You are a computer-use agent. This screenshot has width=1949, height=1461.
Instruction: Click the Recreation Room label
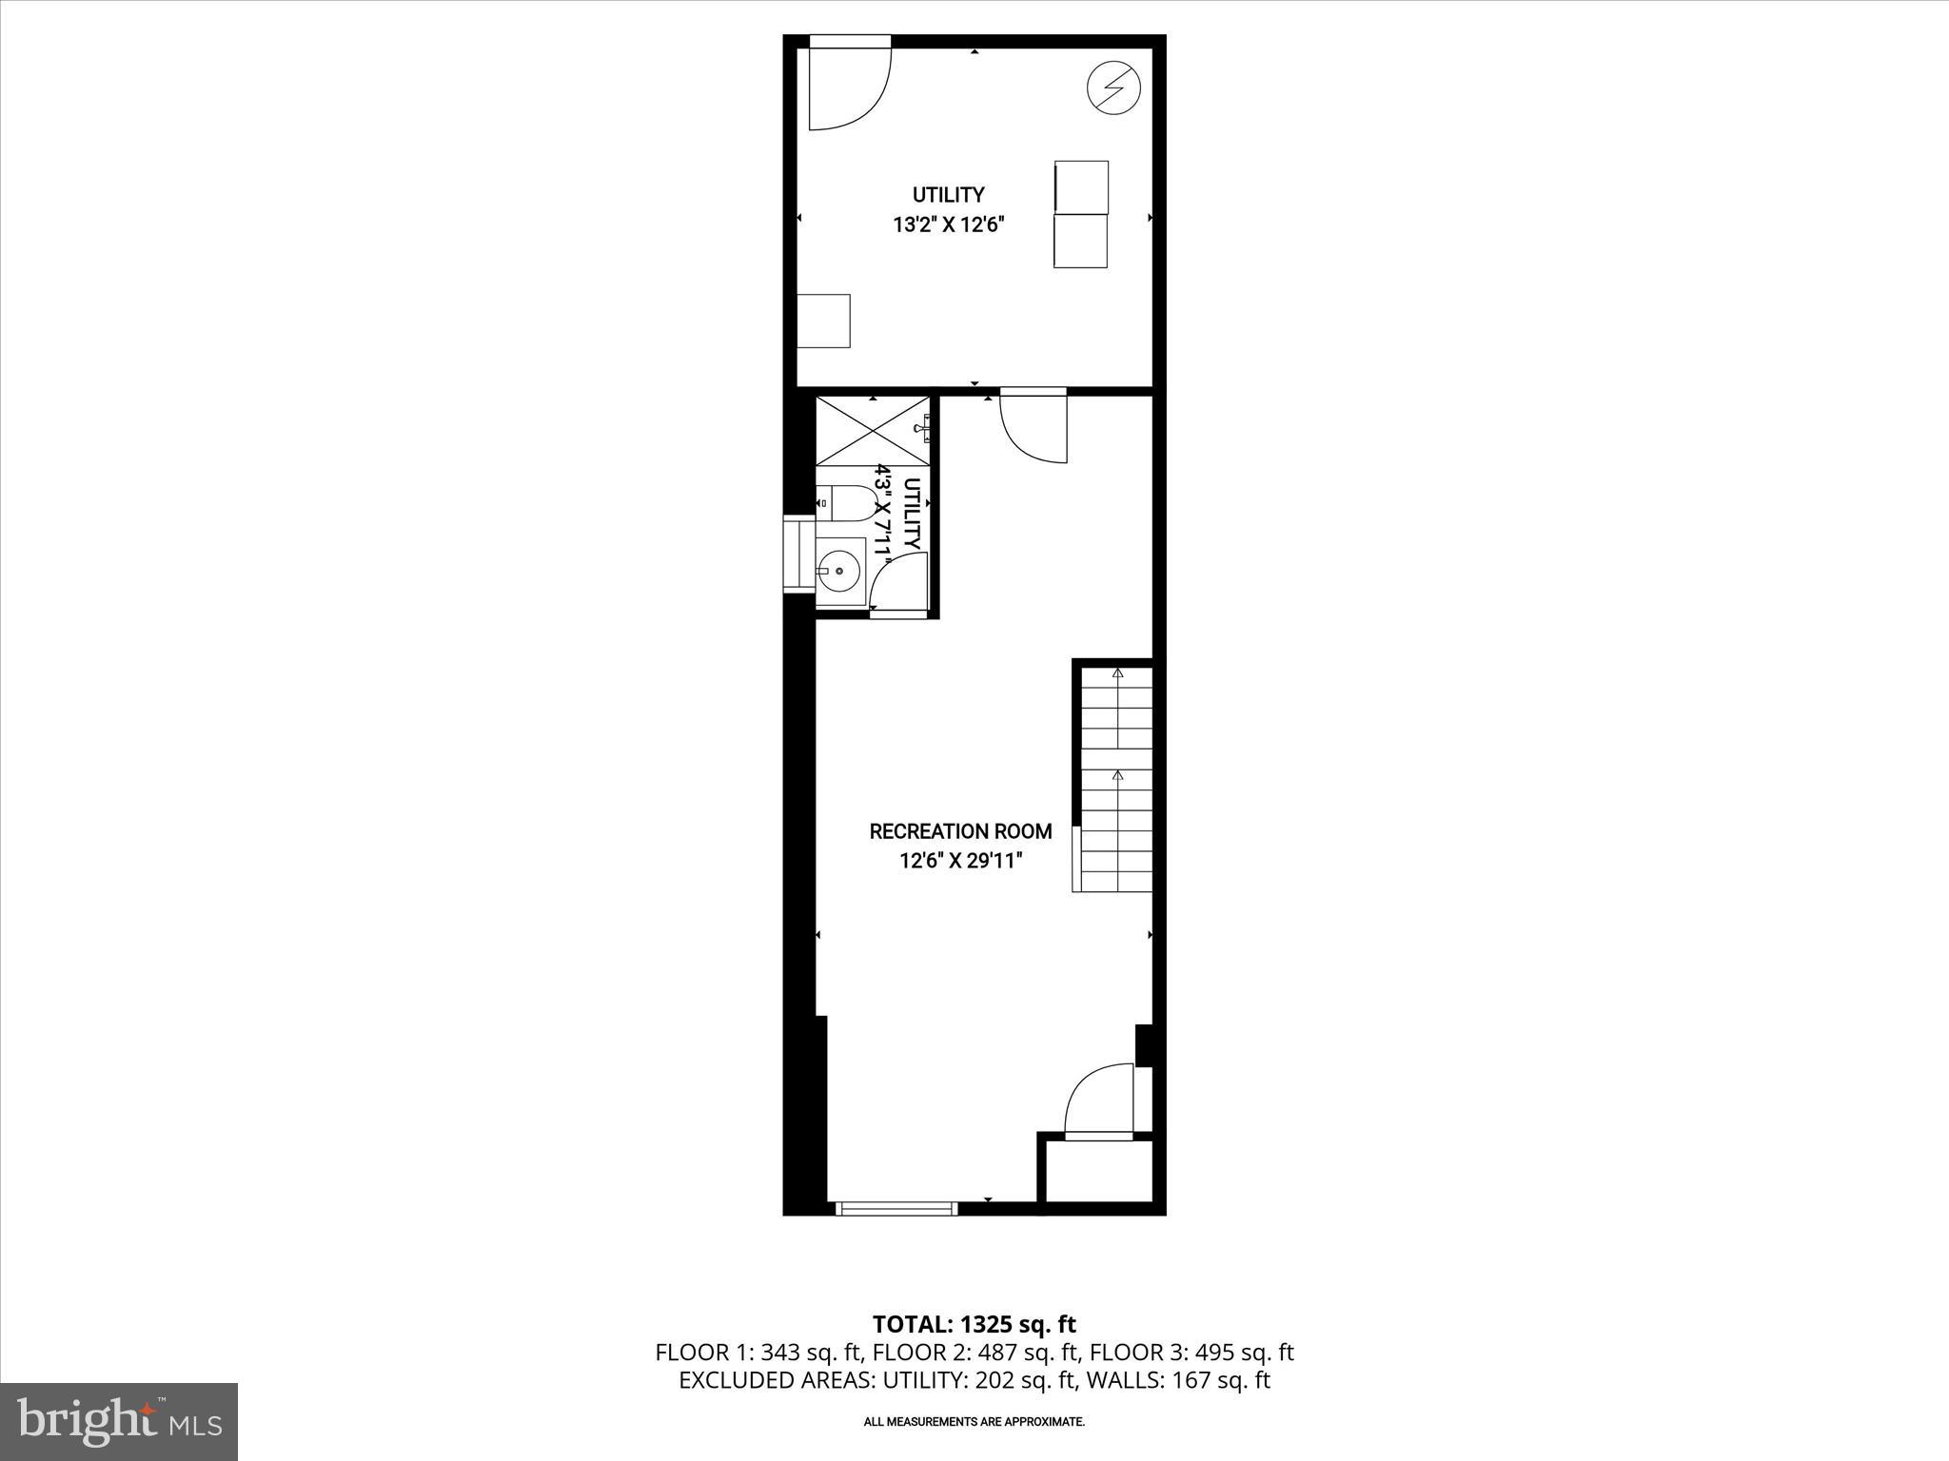point(960,831)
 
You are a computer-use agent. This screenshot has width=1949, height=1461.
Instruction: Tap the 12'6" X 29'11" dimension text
point(960,862)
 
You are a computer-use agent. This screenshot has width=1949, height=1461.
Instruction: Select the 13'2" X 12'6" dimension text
point(949,225)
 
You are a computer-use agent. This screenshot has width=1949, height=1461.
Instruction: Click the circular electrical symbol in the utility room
point(1113,88)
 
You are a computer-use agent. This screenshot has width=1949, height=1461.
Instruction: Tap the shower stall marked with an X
point(872,430)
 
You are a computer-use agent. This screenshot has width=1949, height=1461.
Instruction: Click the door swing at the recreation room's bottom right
point(1099,1102)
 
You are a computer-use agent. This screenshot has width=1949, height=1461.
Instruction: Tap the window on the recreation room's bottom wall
point(896,1208)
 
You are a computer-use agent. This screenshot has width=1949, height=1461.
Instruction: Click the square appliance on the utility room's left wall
point(823,321)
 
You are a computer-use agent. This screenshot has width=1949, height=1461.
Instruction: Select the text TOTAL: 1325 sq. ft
point(974,1324)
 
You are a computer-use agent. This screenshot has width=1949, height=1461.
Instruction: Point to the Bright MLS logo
point(119,1423)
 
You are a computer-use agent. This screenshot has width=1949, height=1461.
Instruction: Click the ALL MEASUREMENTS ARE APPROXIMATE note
point(974,1422)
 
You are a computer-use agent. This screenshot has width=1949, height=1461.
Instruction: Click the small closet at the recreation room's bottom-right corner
point(1098,1171)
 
